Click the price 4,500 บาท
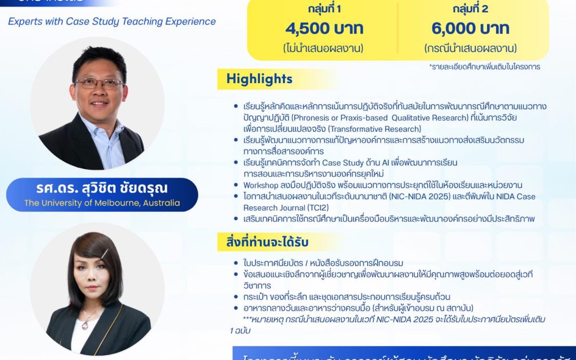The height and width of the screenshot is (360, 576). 324,28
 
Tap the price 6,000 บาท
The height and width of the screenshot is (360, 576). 470,28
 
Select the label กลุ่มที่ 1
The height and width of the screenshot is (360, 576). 324,9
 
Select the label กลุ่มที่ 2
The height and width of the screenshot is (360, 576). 470,9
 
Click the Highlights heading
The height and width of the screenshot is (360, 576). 259,79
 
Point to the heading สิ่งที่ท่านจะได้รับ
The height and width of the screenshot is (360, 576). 263,243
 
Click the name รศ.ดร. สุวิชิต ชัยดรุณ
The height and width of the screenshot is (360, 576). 102,188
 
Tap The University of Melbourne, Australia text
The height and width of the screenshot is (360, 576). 102,203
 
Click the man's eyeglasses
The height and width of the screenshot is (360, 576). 99,83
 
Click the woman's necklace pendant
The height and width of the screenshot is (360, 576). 84,324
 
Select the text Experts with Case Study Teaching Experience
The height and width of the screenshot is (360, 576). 112,22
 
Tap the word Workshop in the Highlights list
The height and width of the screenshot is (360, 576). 261,185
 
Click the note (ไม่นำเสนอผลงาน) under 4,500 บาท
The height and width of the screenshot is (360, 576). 324,48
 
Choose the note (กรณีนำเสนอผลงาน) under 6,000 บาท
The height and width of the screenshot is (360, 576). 470,48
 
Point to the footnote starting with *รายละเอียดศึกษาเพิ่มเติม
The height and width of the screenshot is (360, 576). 484,67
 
